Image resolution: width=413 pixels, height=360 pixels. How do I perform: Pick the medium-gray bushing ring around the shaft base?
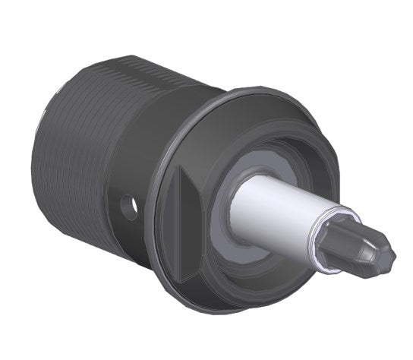[x=228, y=228]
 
